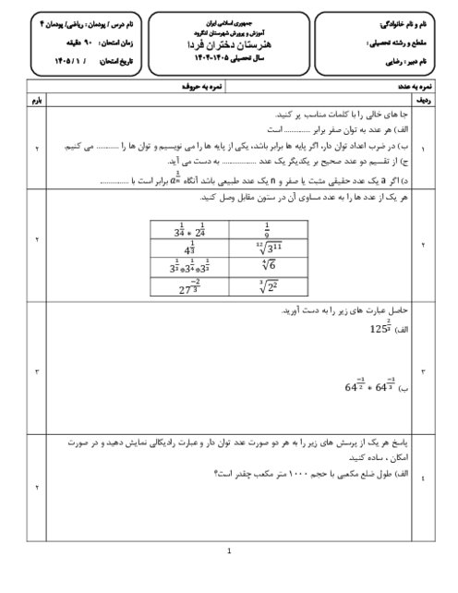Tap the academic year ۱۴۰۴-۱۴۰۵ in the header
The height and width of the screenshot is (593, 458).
pyautogui.click(x=229, y=59)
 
